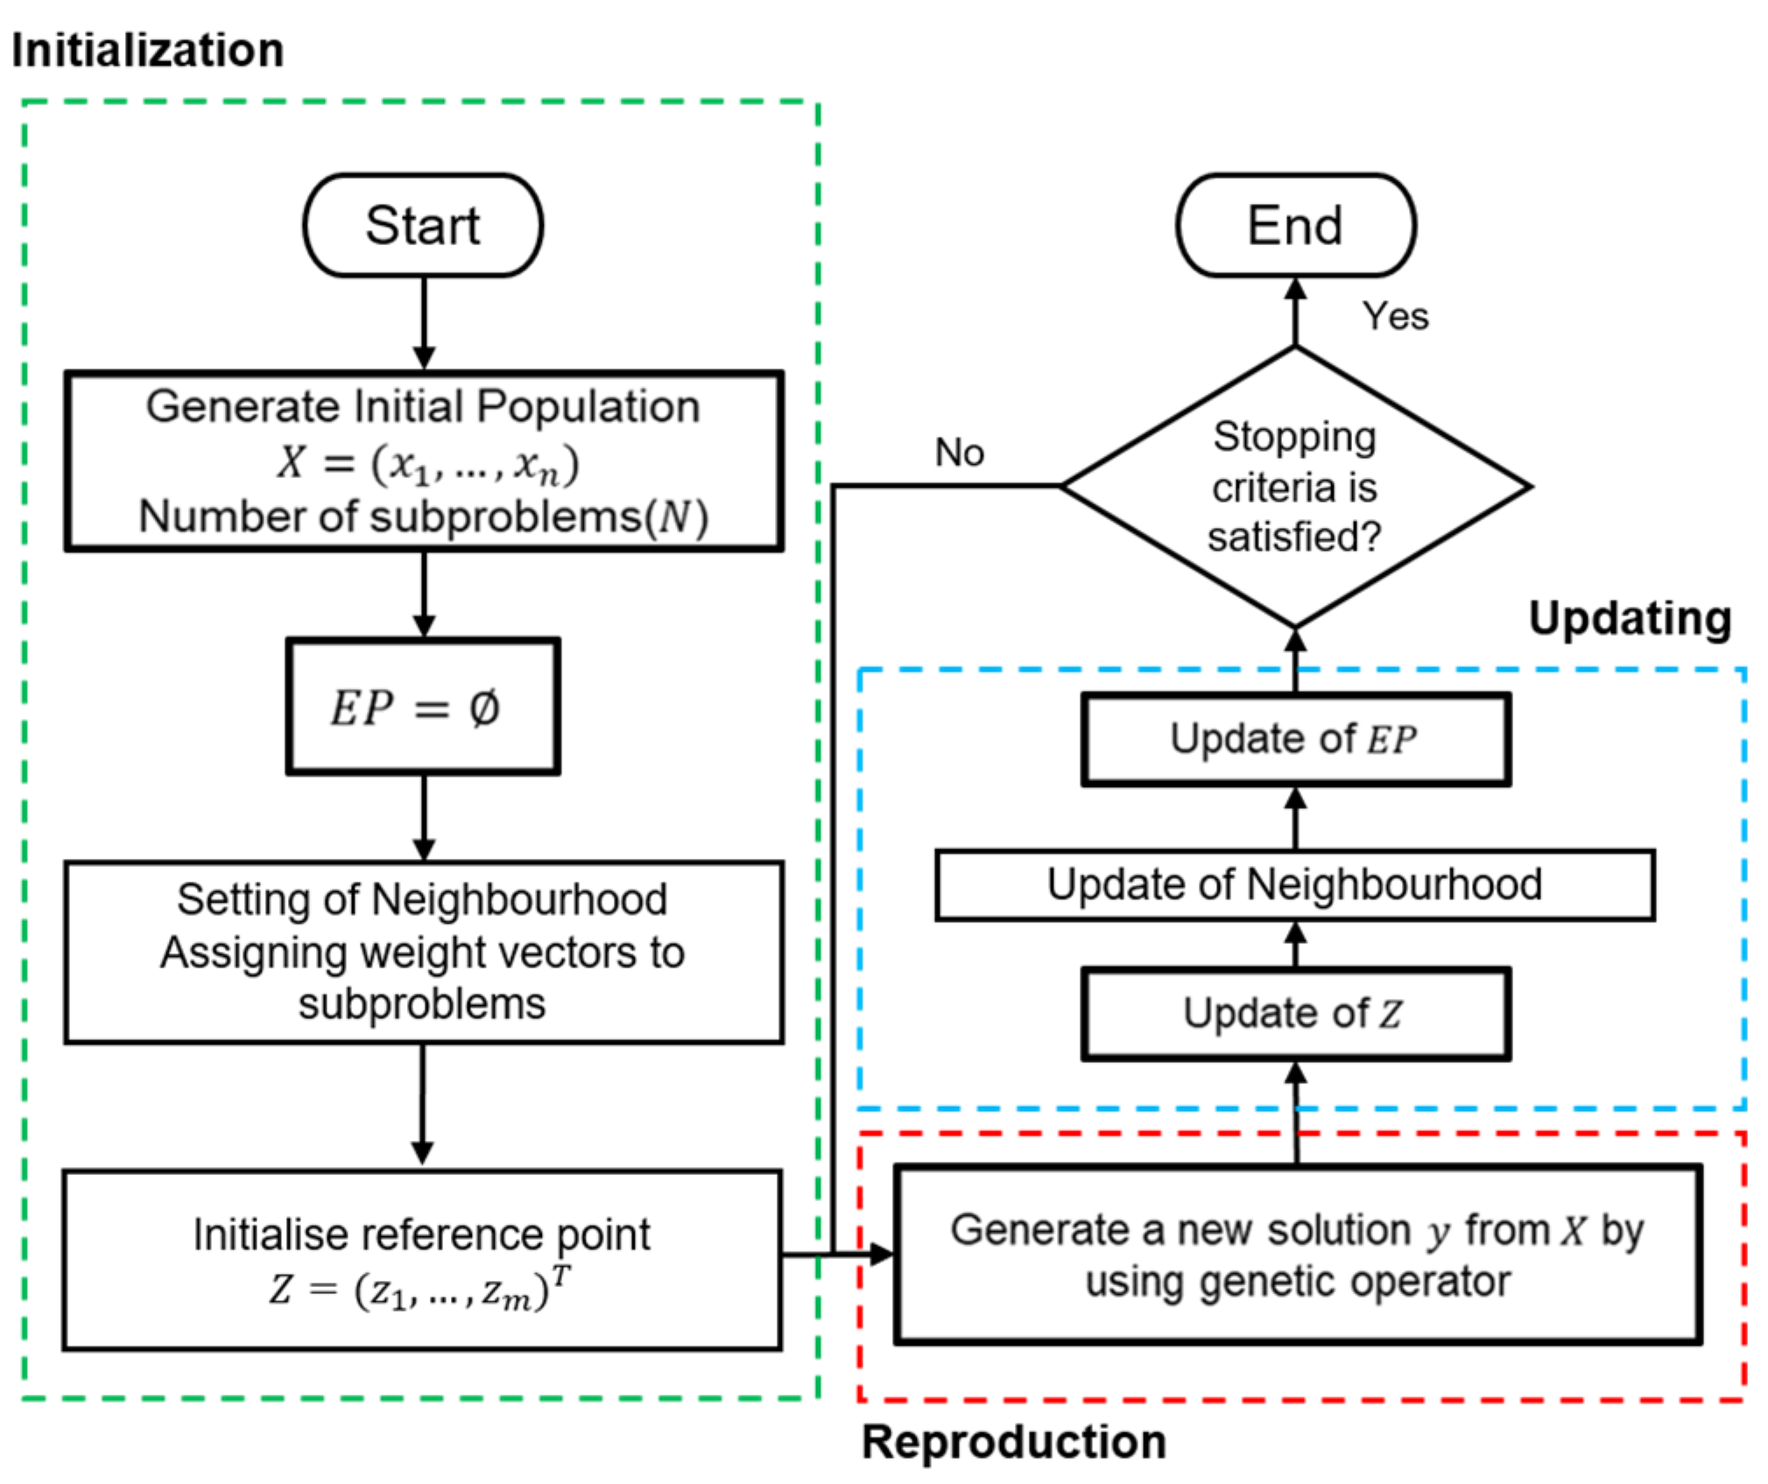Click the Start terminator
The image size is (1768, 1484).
coord(422,225)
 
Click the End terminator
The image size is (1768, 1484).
coord(1294,225)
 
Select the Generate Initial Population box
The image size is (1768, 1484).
coord(423,461)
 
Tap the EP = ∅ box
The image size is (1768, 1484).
coord(422,706)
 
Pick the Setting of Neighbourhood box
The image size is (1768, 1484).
coord(423,952)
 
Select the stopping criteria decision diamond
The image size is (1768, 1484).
coord(1294,487)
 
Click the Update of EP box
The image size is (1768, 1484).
coord(1294,739)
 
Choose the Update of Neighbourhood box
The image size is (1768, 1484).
coord(1294,884)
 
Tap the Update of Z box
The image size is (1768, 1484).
coord(1294,1013)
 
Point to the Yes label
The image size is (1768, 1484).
coord(1394,316)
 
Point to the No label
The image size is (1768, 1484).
coord(959,453)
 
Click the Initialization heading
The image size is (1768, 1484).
coord(147,50)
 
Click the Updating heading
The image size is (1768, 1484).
coord(1629,618)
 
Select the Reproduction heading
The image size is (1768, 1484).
coord(1013,1440)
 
